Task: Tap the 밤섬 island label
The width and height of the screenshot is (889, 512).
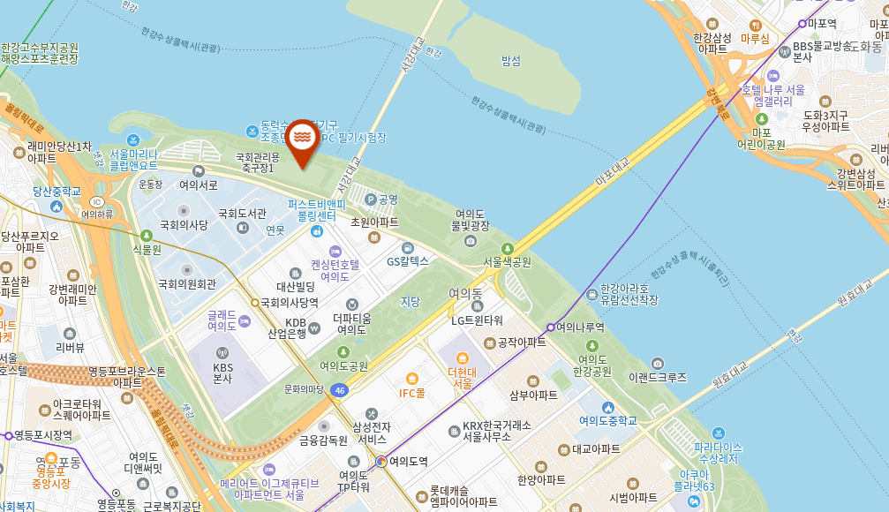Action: coord(511,61)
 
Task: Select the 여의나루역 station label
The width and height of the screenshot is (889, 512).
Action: coord(580,327)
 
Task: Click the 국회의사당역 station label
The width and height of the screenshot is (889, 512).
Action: coord(288,302)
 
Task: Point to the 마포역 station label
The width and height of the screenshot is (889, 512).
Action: coord(821,24)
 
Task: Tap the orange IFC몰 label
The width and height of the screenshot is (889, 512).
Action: coord(412,393)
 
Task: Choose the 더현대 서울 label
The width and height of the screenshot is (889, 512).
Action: coord(462,377)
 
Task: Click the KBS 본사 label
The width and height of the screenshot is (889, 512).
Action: coord(222,373)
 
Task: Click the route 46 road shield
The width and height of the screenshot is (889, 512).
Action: coord(340,389)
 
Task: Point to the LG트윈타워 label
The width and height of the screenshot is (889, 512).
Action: coord(477,320)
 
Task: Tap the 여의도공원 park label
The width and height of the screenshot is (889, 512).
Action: coord(343,365)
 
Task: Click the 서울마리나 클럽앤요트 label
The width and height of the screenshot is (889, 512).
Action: coord(133,159)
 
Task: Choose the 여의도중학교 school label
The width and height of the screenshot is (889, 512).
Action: coord(608,420)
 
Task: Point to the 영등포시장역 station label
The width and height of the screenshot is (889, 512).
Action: coord(42,435)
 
